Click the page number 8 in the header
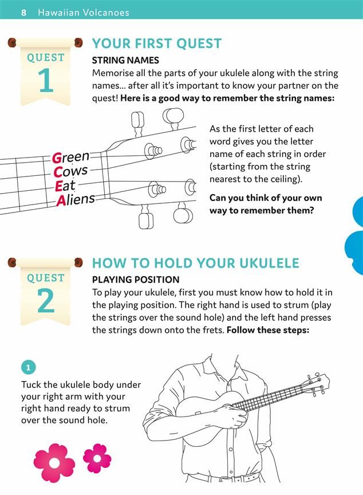(23, 12)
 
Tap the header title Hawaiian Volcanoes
(83, 12)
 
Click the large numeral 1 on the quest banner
(46, 81)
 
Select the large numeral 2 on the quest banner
(46, 301)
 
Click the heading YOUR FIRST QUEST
(157, 44)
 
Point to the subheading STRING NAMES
(125, 60)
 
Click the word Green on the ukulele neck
(71, 156)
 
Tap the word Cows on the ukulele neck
(70, 171)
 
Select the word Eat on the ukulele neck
(65, 186)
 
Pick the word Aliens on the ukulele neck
(76, 199)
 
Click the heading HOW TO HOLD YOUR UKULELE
(196, 264)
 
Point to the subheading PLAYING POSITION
(136, 280)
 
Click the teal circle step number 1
(29, 367)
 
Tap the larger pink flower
(54, 463)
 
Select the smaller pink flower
(97, 458)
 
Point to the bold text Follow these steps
(268, 330)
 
